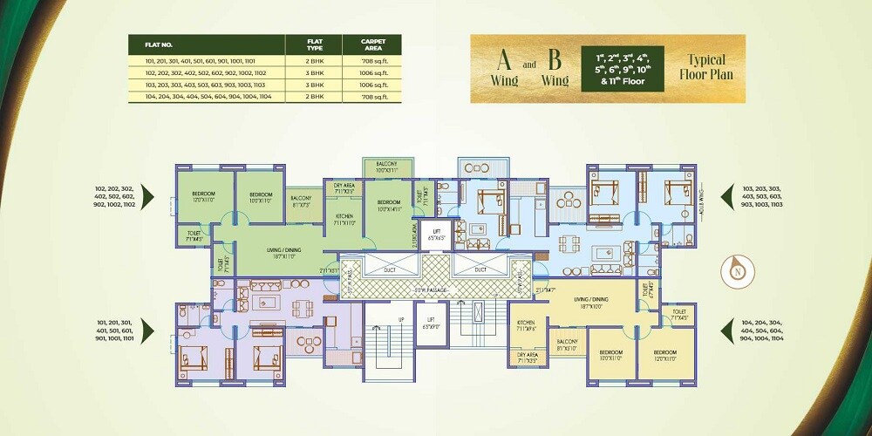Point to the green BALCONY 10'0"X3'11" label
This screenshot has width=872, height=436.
[x=387, y=167]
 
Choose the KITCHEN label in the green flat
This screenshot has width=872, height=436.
[x=343, y=219]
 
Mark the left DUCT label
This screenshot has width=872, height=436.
[x=388, y=270]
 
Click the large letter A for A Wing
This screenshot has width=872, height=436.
[x=504, y=61]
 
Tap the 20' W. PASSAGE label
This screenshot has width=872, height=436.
[x=432, y=288]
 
